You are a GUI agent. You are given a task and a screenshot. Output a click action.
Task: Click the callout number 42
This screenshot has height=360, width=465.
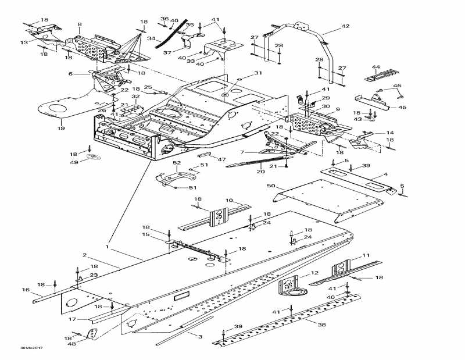pos(345,27)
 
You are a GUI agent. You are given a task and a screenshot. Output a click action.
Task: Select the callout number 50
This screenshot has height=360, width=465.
pos(271,186)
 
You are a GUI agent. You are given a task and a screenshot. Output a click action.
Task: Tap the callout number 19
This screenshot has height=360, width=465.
pos(60,127)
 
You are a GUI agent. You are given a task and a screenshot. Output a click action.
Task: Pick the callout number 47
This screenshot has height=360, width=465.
pos(221,159)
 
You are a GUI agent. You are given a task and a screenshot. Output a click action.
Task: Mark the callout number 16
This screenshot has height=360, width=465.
pos(26,289)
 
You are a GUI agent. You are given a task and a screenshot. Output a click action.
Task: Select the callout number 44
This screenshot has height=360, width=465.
pos(376,67)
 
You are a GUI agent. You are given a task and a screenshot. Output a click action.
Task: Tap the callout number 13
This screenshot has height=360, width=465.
pos(24,42)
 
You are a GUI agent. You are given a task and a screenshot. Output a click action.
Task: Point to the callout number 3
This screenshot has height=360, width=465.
pos(200,337)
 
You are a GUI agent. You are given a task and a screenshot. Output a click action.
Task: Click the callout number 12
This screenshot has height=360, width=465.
pos(314,273)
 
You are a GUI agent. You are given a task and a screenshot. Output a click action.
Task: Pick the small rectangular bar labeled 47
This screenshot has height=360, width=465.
pos(205,155)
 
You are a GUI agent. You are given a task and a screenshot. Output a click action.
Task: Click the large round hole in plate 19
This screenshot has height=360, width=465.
pos(57,109)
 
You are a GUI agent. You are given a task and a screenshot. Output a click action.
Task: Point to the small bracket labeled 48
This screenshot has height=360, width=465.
pos(91,334)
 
